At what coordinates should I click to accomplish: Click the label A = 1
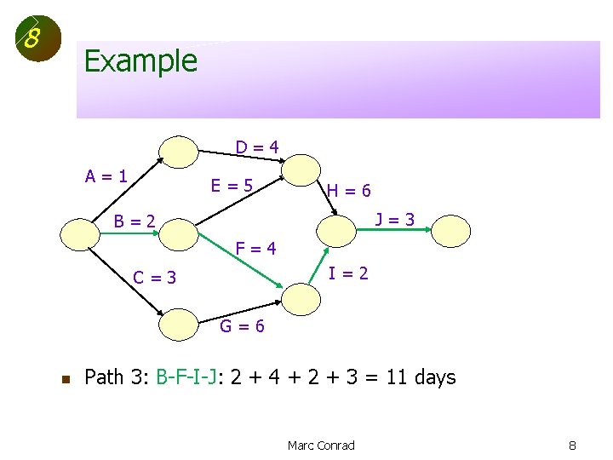tap(106, 176)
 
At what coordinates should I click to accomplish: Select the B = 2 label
tap(135, 221)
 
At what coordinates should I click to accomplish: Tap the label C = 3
tap(155, 277)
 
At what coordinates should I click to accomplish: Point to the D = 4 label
tap(257, 147)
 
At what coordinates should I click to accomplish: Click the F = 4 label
tap(255, 249)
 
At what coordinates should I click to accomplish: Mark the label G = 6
tap(243, 326)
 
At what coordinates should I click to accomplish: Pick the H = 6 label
tap(349, 191)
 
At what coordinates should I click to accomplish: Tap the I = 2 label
tap(349, 273)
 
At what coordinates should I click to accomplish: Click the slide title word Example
tap(140, 61)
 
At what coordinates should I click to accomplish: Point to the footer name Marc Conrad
tap(321, 445)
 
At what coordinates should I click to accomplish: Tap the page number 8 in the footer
tap(573, 445)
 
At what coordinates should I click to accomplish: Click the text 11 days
tap(421, 377)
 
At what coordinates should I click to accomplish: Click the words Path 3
tap(117, 377)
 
